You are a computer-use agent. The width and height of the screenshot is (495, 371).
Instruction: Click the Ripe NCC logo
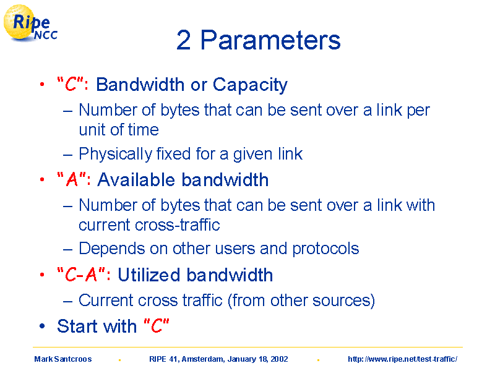point(30,23)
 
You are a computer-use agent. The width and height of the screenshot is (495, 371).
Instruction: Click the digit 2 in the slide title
point(183,40)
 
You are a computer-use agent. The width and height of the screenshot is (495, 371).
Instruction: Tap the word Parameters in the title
point(270,40)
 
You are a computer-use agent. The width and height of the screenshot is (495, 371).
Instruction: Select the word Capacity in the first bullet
point(250,85)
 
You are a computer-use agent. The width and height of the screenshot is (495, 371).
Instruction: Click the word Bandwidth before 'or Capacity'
point(140,85)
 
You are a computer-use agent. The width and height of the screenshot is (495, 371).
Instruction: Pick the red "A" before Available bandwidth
point(72,179)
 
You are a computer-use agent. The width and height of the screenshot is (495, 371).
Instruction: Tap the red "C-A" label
point(81,275)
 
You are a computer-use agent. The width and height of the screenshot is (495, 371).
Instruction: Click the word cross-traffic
point(177,225)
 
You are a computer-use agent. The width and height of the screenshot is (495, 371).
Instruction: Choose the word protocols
point(326,249)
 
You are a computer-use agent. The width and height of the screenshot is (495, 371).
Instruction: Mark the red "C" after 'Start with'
point(157,326)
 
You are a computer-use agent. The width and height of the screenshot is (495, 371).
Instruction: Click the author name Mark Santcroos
point(63,359)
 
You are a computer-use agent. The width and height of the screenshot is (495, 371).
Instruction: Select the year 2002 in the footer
point(280,359)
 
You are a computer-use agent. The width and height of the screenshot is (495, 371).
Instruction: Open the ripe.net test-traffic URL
point(403,359)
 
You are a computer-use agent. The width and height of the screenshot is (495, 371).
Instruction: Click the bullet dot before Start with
point(42,326)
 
